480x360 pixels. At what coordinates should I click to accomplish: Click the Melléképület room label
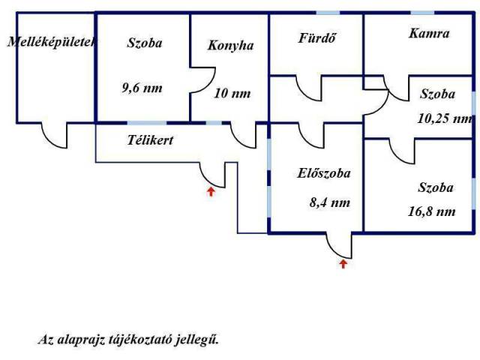[49, 43]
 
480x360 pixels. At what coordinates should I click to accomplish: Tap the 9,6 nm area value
[142, 87]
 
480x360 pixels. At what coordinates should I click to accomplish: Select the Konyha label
[230, 45]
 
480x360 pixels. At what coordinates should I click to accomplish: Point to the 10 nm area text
[232, 94]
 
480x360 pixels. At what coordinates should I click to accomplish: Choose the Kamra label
[429, 33]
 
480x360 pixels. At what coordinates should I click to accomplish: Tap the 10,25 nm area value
[445, 118]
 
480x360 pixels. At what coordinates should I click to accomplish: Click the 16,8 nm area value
[436, 211]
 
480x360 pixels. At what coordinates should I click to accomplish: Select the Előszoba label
[324, 173]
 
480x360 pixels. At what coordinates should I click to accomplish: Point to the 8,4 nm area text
[323, 202]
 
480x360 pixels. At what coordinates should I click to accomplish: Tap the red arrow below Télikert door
[211, 191]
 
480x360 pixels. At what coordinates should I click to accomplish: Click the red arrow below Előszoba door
[343, 263]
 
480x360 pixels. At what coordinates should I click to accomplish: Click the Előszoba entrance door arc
[339, 246]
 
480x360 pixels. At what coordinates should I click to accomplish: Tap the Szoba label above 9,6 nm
[145, 43]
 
